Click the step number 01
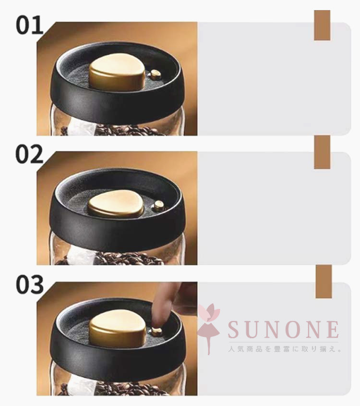(x=29, y=25)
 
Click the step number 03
(x=30, y=284)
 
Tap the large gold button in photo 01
(x=117, y=72)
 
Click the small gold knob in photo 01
(x=156, y=74)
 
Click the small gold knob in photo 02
(x=158, y=206)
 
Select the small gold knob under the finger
(x=157, y=332)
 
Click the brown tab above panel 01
(x=322, y=25)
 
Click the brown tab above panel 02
(x=322, y=152)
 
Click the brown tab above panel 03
(x=324, y=282)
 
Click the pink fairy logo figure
(x=209, y=328)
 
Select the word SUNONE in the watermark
(x=284, y=329)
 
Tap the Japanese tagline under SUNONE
(x=285, y=349)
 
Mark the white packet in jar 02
(x=81, y=257)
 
